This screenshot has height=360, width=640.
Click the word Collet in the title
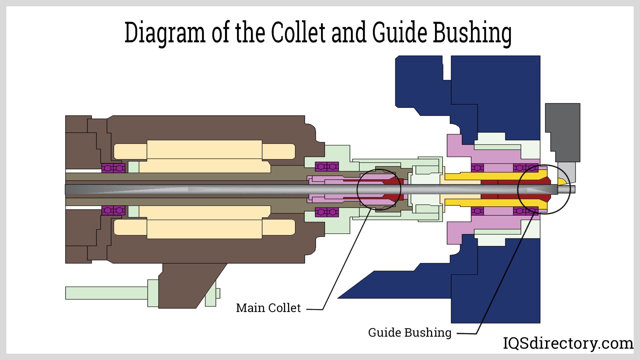click(x=298, y=33)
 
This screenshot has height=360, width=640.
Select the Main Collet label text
click(x=268, y=308)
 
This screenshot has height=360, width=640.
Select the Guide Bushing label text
click(x=410, y=332)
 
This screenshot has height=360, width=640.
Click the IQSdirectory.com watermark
click(x=568, y=343)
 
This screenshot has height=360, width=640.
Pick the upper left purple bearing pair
click(x=113, y=168)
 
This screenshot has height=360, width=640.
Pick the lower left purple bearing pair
click(x=113, y=211)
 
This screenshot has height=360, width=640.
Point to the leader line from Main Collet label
click(x=343, y=263)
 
